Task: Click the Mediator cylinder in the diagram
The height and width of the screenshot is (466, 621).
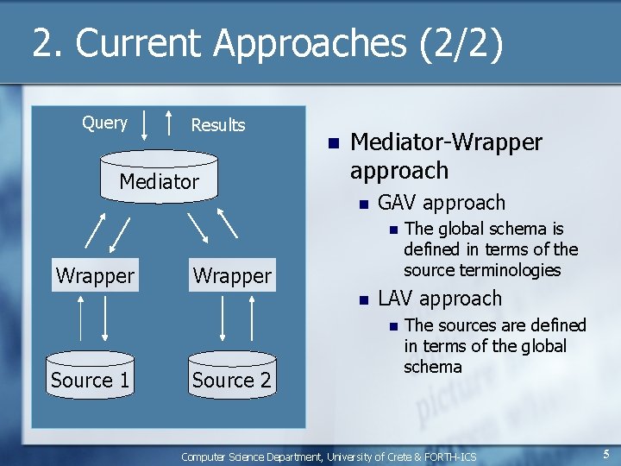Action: pyautogui.click(x=159, y=178)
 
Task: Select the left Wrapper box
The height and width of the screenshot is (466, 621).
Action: pyautogui.click(x=95, y=276)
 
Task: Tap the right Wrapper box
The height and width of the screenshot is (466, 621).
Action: pyautogui.click(x=232, y=276)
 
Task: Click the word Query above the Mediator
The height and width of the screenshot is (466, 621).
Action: pyautogui.click(x=104, y=123)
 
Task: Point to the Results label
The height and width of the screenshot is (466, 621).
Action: pyautogui.click(x=217, y=125)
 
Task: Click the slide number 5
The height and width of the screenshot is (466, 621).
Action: pyautogui.click(x=606, y=454)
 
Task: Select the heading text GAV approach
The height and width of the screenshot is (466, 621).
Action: pyautogui.click(x=442, y=203)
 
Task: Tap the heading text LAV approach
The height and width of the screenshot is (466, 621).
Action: pyautogui.click(x=440, y=299)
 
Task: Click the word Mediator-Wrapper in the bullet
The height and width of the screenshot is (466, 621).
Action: pyautogui.click(x=446, y=142)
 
